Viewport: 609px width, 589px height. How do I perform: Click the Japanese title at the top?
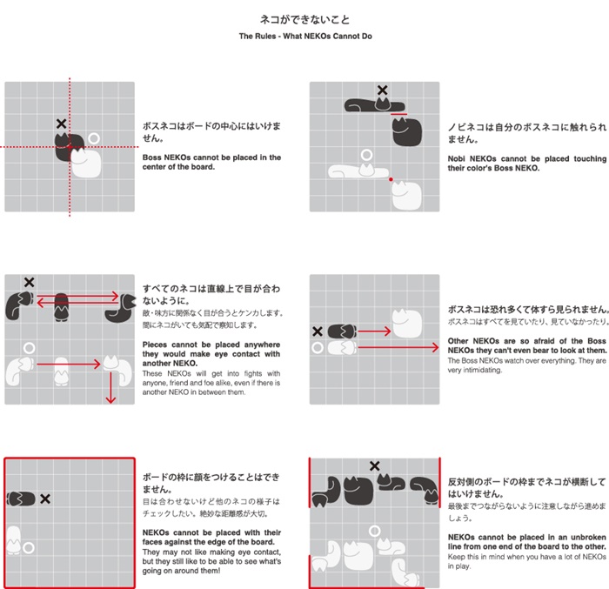(304, 19)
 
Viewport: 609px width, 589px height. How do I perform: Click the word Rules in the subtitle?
(265, 37)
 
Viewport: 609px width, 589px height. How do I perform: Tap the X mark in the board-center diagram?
(62, 124)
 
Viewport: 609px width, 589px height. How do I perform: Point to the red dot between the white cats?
(391, 179)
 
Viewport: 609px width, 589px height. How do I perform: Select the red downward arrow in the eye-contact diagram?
(111, 388)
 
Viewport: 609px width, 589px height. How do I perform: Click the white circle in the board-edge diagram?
(29, 548)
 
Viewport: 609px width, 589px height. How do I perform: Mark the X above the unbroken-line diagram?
(374, 465)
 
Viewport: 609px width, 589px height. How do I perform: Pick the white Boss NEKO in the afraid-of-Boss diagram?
(406, 324)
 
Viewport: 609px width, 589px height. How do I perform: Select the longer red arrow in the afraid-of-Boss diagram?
(398, 347)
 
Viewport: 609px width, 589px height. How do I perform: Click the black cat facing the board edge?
(22, 499)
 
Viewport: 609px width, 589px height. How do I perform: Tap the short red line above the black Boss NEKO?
(398, 114)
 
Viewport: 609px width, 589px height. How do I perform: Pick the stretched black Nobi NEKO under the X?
(374, 104)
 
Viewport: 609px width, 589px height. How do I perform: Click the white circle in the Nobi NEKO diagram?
(366, 155)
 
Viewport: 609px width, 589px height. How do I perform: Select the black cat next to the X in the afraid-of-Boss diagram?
(342, 331)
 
